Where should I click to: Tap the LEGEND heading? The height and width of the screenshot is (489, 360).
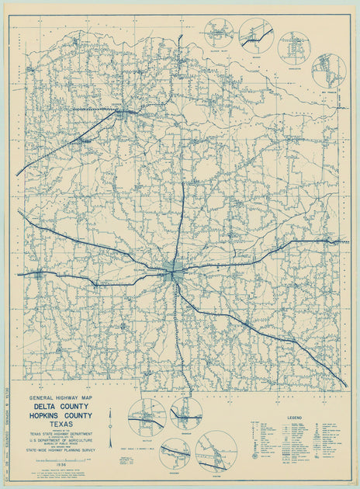pyautogui.click(x=296, y=417)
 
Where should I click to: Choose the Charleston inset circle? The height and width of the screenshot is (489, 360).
pyautogui.click(x=293, y=47)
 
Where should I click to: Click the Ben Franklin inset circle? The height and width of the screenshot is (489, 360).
pyautogui.click(x=328, y=71)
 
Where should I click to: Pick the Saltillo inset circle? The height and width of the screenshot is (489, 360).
pyautogui.click(x=146, y=416)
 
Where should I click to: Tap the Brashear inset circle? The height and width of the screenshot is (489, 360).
pyautogui.click(x=186, y=414)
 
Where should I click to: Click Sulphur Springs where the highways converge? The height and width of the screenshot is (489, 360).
pyautogui.click(x=175, y=272)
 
